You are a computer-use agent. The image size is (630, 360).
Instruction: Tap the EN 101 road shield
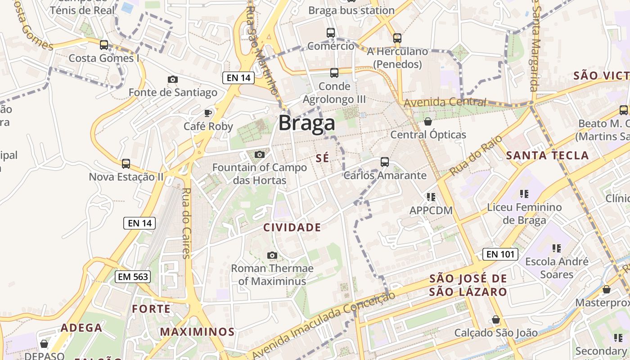[500, 254]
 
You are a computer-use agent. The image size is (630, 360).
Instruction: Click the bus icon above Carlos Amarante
[384, 162]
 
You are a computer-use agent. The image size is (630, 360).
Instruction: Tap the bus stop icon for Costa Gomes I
[104, 45]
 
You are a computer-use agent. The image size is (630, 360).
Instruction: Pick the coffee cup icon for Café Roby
[208, 113]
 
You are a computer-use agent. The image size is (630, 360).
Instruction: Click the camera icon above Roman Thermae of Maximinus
[272, 256]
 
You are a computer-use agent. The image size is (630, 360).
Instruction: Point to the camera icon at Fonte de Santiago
[172, 80]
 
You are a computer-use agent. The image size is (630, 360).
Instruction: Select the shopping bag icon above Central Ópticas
[428, 121]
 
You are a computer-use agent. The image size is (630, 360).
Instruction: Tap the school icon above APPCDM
[431, 197]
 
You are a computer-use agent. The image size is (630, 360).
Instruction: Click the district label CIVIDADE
[292, 228]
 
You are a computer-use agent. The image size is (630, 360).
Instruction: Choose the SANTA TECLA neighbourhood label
[547, 156]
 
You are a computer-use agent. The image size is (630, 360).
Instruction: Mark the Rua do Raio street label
[469, 156]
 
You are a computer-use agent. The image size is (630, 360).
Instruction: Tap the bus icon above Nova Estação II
[126, 164]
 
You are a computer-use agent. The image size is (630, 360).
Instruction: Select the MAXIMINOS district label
[198, 333]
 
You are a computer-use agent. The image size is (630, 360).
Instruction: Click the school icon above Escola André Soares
[557, 248]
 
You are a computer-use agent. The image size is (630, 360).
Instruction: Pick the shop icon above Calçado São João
[495, 320]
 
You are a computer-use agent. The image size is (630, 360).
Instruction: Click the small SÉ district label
[323, 158]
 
